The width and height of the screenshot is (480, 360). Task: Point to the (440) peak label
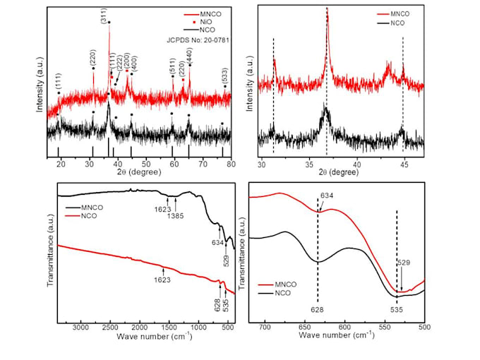point(188,55)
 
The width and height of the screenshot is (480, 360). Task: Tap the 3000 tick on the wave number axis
point(82,330)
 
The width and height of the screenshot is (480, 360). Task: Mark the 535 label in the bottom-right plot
point(397,308)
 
